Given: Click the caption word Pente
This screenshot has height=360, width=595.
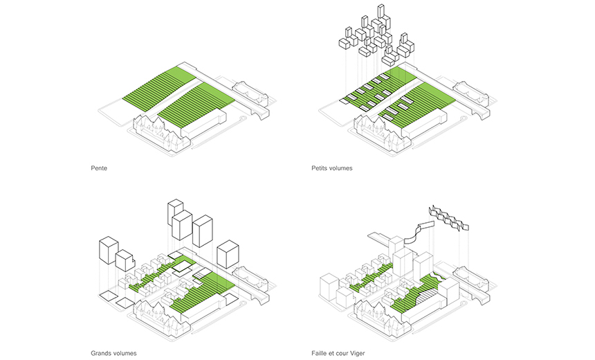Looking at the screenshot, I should pyautogui.click(x=99, y=168).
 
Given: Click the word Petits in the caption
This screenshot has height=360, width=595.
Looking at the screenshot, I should pyautogui.click(x=320, y=168).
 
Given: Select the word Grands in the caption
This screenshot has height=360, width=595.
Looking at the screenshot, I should pyautogui.click(x=102, y=353).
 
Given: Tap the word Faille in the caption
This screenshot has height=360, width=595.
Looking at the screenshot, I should pyautogui.click(x=320, y=353).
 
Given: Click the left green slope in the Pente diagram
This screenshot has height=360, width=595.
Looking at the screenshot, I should pyautogui.click(x=156, y=90).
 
